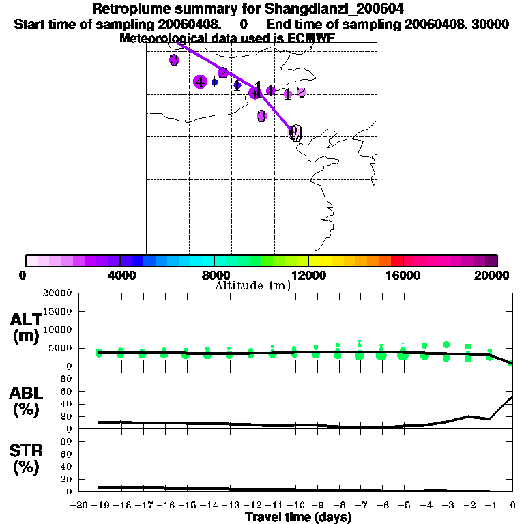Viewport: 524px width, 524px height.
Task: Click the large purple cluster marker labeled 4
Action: point(200,82)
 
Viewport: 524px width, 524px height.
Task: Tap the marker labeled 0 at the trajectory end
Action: point(295,132)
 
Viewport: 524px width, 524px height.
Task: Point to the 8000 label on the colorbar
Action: point(214,275)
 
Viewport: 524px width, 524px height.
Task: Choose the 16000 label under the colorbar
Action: point(403,275)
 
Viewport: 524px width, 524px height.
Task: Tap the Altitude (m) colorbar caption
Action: point(252,286)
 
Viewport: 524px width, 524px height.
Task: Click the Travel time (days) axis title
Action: point(298,518)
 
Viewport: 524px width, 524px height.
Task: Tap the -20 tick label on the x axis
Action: point(78,505)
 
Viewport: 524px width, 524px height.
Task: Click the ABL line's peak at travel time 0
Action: point(512,398)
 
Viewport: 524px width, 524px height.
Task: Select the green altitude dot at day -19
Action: point(100,353)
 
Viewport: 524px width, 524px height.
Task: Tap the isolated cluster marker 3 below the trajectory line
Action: point(261,116)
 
